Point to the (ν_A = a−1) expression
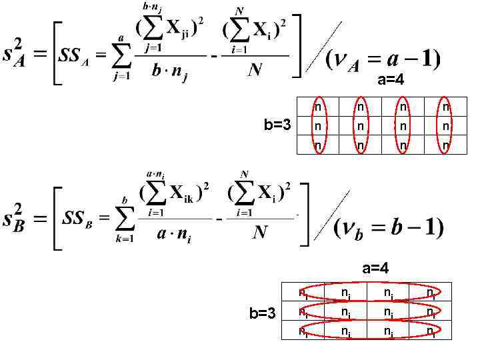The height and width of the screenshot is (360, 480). pos(381,60)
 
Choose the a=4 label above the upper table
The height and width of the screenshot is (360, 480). pos(391,81)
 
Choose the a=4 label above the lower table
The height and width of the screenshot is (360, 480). pos(375,269)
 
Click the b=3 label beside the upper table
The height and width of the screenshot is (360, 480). pos(277,125)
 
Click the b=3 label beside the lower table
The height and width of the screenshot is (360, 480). pos(262,313)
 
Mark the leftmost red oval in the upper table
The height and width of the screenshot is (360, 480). pos(318,125)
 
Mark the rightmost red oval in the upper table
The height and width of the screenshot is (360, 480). pos(445,125)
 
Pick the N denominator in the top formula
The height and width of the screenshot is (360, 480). pos(255,71)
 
